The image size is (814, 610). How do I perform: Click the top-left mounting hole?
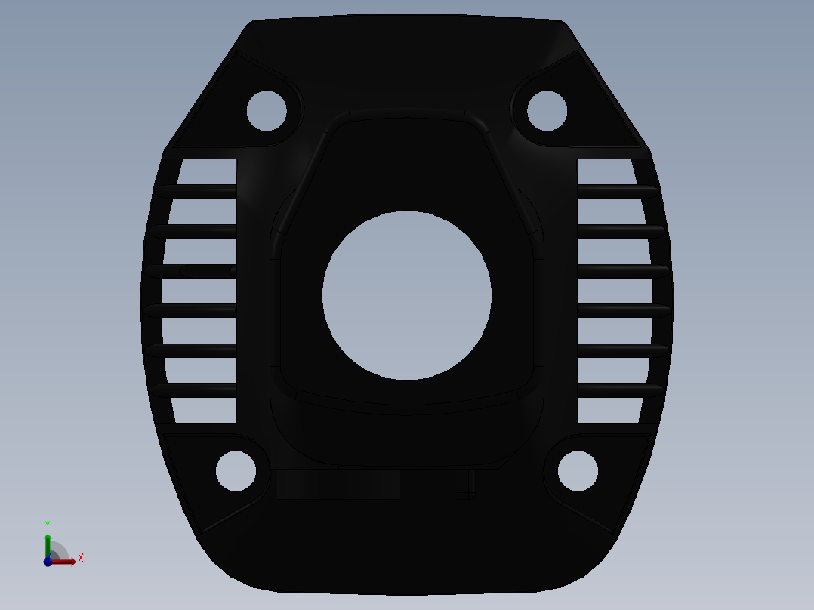(x=267, y=110)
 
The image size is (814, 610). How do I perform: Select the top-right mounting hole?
(x=547, y=110)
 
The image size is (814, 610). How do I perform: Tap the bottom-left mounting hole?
(x=236, y=470)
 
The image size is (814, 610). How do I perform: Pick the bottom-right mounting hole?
(x=578, y=470)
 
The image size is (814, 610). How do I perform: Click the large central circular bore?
(x=407, y=295)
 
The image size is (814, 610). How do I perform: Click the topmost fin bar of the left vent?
(x=196, y=191)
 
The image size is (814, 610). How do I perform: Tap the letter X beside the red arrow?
(x=81, y=559)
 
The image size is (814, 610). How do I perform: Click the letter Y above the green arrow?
(x=48, y=525)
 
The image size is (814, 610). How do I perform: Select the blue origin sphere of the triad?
(x=48, y=562)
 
